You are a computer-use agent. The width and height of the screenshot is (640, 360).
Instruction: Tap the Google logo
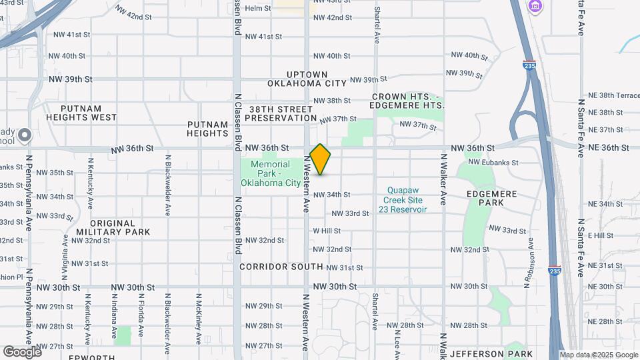[x=22, y=351]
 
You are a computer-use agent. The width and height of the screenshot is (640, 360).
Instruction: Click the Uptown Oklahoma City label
[x=307, y=79]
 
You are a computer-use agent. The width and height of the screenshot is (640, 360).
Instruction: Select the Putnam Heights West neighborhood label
[x=81, y=113]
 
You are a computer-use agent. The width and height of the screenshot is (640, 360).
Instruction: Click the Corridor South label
[x=281, y=267]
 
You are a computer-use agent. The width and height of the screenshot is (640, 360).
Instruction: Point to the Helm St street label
[x=258, y=9]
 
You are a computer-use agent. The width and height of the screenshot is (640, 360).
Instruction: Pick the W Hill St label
[x=327, y=231]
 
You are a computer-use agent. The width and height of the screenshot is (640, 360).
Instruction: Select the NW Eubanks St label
[x=494, y=162]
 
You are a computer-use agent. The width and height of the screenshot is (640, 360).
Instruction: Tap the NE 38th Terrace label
[x=609, y=96]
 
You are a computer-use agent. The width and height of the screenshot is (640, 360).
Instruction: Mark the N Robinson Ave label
[x=529, y=263]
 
